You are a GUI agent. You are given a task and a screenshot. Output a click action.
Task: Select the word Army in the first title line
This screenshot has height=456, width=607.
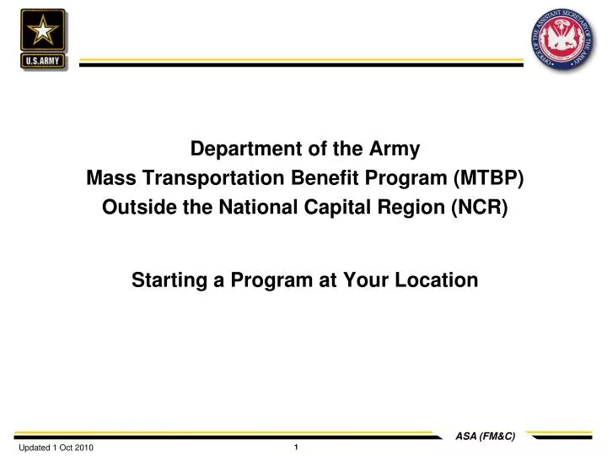395,149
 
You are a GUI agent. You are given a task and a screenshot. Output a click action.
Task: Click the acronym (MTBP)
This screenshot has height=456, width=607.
488,178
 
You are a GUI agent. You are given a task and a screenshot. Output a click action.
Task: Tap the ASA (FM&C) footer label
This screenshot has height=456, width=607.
485,436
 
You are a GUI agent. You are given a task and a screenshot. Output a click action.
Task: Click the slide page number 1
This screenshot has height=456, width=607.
296,447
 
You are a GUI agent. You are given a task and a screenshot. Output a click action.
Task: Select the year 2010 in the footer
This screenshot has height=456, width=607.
83,448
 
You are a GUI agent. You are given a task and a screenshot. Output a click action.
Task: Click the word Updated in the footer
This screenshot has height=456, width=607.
34,448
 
